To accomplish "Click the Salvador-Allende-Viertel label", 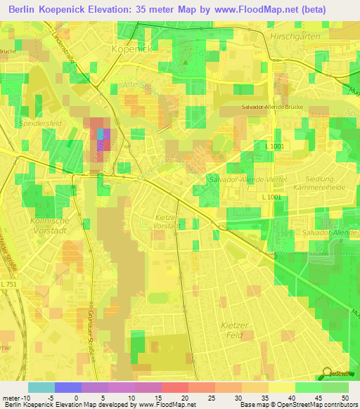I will tap(247, 180).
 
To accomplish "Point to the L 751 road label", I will tap(10, 283).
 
